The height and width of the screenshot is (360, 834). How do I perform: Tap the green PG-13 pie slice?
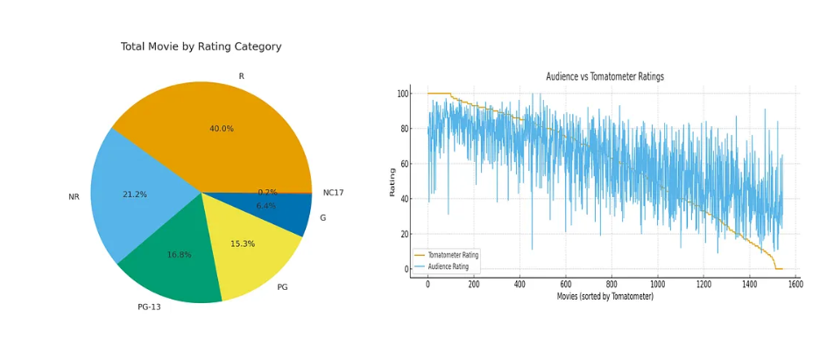pyautogui.click(x=175, y=263)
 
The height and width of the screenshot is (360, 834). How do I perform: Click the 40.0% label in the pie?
pyautogui.click(x=222, y=129)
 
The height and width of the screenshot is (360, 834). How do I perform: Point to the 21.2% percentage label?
pyautogui.click(x=135, y=194)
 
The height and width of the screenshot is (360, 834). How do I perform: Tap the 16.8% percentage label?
pyautogui.click(x=180, y=255)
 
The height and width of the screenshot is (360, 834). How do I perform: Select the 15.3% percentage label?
pyautogui.click(x=243, y=244)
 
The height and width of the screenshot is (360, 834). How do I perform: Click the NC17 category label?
pyautogui.click(x=333, y=193)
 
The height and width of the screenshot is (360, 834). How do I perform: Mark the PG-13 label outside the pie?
pyautogui.click(x=149, y=307)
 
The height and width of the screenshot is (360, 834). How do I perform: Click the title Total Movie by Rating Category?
pyautogui.click(x=201, y=46)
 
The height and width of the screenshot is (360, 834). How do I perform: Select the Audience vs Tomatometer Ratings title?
pyautogui.click(x=604, y=77)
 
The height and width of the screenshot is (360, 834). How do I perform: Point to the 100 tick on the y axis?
pyautogui.click(x=403, y=94)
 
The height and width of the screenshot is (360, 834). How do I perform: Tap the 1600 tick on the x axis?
pyautogui.click(x=795, y=284)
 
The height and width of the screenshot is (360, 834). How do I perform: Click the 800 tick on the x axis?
pyautogui.click(x=611, y=284)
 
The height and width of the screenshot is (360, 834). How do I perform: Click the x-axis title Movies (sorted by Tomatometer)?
pyautogui.click(x=604, y=297)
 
